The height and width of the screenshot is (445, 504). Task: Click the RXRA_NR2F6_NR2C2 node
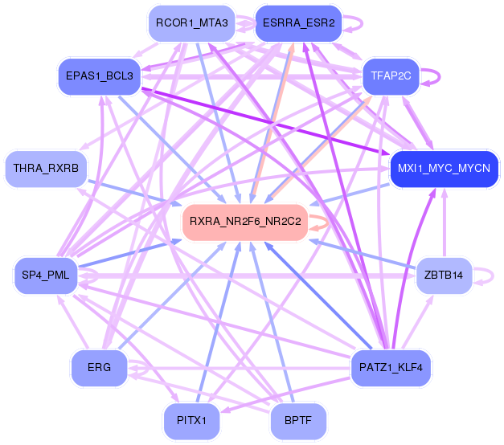(244, 221)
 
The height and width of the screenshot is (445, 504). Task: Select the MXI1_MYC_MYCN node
(445, 169)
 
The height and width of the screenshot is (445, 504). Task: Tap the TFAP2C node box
(391, 76)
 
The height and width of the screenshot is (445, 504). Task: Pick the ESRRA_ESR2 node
(298, 23)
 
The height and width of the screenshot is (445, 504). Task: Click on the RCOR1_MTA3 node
(186, 23)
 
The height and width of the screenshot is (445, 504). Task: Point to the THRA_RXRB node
(47, 169)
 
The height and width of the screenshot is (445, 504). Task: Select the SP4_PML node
(47, 276)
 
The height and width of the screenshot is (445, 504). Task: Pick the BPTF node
(298, 420)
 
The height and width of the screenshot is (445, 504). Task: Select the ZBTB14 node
(444, 276)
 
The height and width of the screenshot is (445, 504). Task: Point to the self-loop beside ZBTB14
(491, 276)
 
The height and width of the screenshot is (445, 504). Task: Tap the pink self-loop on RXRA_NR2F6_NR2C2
(323, 221)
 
